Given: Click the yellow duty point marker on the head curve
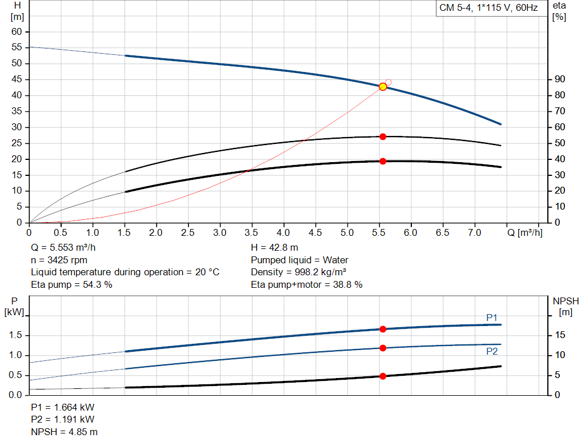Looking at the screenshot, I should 383,87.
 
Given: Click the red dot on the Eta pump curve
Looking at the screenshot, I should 383,136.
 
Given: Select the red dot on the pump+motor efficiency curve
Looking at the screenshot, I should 383,161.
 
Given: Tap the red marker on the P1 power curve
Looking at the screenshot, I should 383,329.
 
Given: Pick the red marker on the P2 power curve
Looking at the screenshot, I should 383,348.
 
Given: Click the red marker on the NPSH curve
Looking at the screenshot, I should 383,376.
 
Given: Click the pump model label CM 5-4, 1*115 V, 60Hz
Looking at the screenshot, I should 488,9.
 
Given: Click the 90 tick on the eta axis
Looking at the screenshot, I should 560,79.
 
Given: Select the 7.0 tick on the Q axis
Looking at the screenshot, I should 474,233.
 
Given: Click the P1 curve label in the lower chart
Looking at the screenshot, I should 492,318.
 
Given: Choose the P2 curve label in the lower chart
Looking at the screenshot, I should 492,351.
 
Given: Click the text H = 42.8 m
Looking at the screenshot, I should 274,248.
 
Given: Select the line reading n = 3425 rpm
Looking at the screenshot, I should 59,260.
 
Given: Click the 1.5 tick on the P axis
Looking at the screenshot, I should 15,335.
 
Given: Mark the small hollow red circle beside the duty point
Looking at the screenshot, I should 388,82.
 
